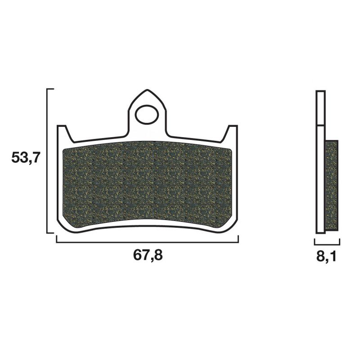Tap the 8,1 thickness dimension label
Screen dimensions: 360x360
(326, 256)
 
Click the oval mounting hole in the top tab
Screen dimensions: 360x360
(147, 114)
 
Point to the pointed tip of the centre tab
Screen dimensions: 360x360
(147, 90)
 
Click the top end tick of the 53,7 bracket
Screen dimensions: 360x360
(50, 89)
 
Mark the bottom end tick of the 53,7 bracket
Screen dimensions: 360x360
(50, 233)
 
